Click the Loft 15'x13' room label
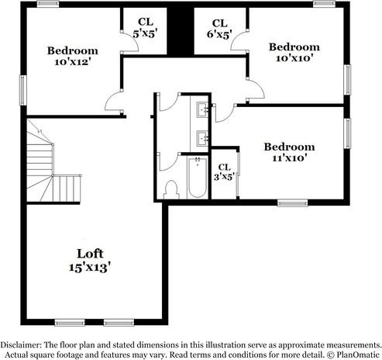pos(88,259)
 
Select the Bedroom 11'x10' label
pos(289,153)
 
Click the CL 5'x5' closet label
pos(145,29)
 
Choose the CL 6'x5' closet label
pos(220,29)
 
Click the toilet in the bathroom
pos(172,189)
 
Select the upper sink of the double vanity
pos(202,109)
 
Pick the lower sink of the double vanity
pos(202,138)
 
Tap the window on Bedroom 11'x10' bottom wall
pos(293,203)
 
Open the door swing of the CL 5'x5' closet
pos(129,45)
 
